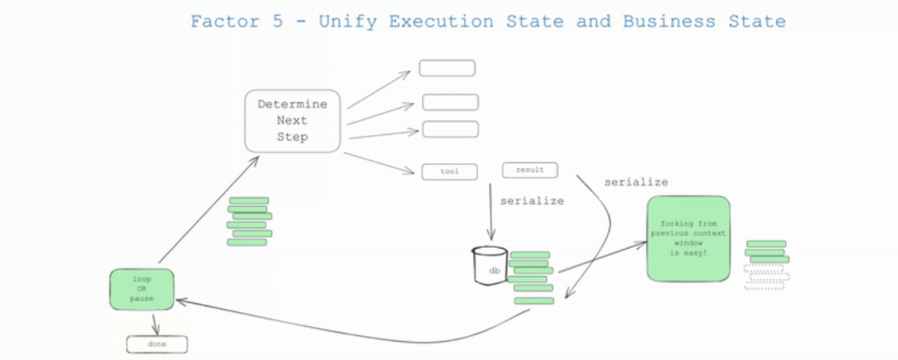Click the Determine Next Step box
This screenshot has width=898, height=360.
(293, 121)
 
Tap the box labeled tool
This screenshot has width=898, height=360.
(450, 172)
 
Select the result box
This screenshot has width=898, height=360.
(530, 170)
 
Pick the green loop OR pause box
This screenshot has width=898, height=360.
(141, 288)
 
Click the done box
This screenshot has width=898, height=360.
(157, 343)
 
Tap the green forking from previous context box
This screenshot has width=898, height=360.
(688, 238)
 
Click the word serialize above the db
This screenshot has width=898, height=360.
(531, 200)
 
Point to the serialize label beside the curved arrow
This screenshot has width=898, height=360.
(635, 182)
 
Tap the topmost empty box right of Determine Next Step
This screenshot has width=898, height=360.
(447, 68)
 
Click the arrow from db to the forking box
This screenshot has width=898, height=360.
(603, 257)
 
